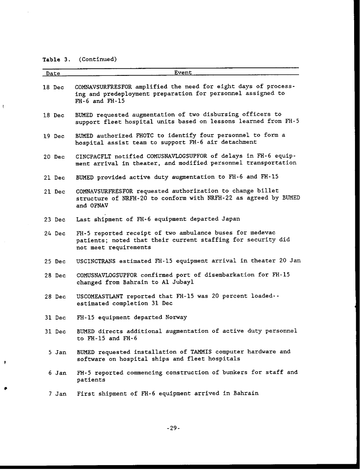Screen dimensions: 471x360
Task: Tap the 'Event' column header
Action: [x=183, y=73]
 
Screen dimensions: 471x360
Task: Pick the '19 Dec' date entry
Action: [x=54, y=136]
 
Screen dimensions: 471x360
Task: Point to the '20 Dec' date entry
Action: [x=54, y=157]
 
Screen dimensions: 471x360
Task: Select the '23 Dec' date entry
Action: [x=54, y=220]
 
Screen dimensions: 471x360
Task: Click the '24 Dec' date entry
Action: [x=54, y=233]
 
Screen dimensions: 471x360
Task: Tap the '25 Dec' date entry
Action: [x=54, y=261]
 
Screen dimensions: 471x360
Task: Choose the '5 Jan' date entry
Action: [x=58, y=352]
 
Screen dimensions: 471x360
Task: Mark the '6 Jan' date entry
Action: [x=58, y=373]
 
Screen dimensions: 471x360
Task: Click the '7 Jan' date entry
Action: [x=58, y=394]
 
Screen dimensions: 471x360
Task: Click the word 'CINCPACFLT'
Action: [x=94, y=156]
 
